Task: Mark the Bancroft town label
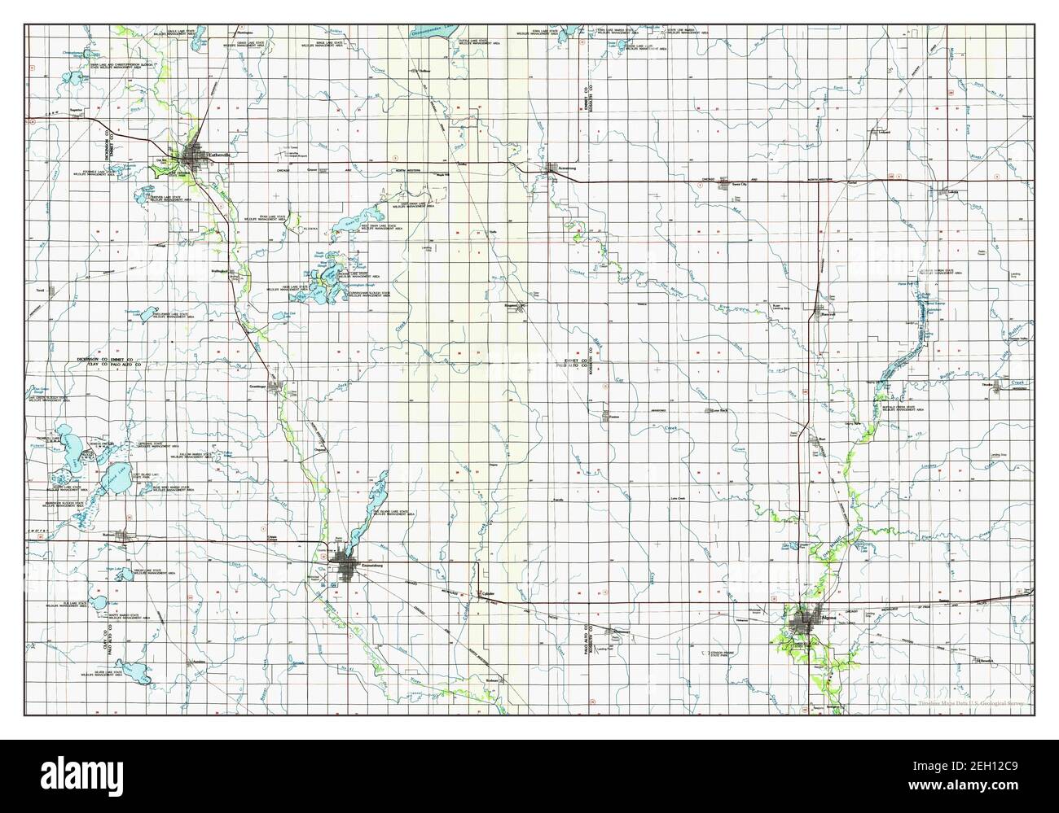(829, 313)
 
